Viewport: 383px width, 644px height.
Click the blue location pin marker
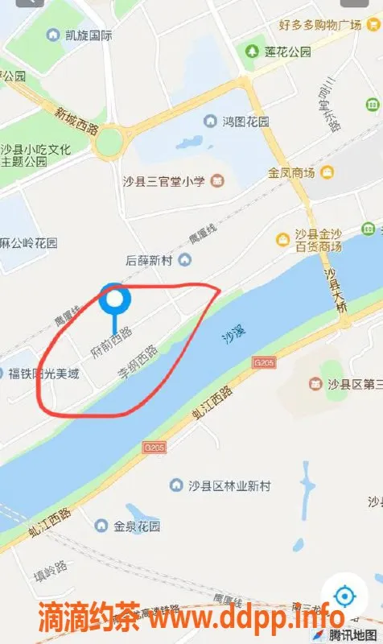(116, 301)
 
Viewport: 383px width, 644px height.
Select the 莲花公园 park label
(287, 52)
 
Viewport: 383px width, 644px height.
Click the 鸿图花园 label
(246, 122)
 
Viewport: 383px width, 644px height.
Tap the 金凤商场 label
(291, 172)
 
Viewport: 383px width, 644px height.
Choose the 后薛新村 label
(150, 259)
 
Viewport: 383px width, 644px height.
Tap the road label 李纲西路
(138, 362)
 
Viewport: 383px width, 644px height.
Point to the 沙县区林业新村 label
(230, 485)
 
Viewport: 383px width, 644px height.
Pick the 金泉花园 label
(137, 526)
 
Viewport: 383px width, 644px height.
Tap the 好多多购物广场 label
(319, 25)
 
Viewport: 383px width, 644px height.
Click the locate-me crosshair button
(344, 597)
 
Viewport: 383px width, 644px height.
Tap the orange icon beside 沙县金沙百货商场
(282, 239)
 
